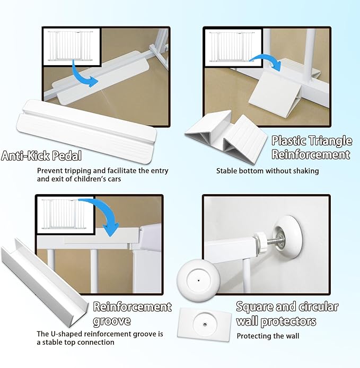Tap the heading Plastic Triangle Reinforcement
tap(311, 147)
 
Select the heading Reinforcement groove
tap(132, 314)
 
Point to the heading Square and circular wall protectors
tap(286, 314)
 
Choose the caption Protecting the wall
tap(268, 336)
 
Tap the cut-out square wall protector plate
tap(205, 324)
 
